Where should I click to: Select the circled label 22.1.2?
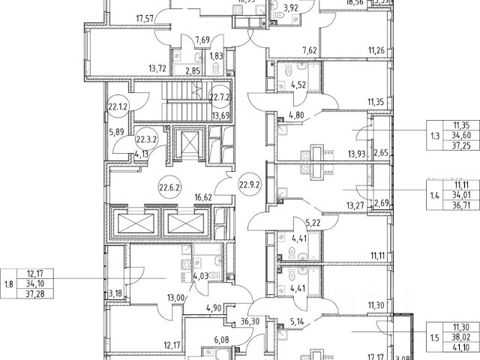118,106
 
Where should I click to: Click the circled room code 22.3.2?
145,139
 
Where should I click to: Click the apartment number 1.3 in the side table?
436,136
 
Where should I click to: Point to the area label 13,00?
177,296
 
